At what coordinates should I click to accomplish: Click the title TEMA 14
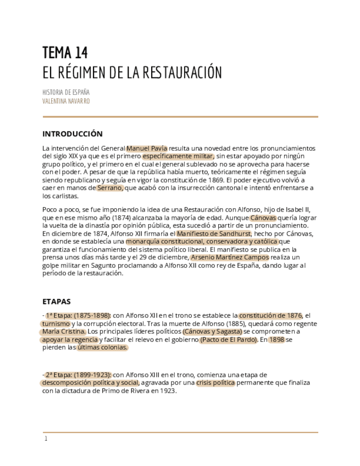[65, 53]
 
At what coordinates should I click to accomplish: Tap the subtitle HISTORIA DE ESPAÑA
[66, 92]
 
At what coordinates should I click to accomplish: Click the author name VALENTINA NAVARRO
[66, 101]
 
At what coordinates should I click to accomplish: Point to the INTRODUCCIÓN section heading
[73, 134]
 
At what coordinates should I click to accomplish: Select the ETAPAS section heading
[56, 301]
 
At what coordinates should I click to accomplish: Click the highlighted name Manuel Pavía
[147, 148]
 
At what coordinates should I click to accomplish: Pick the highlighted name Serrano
[110, 188]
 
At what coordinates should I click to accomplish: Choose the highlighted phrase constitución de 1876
[270, 315]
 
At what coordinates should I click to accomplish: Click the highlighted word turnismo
[56, 324]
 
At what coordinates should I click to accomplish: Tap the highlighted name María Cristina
[64, 331]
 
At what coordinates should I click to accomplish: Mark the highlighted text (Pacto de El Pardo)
[229, 340]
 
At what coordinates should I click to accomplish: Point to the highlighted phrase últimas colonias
[102, 347]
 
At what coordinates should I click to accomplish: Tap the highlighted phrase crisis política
[215, 382]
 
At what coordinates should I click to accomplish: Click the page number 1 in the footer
[46, 439]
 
